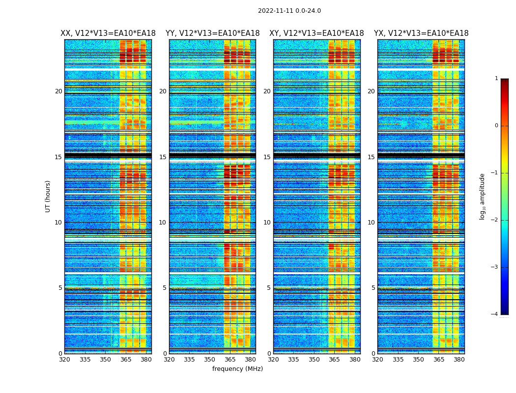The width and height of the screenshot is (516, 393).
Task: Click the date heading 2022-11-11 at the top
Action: coord(289,11)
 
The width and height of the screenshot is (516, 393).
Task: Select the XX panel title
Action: coord(108,33)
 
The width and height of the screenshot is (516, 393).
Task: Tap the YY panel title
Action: coord(212,33)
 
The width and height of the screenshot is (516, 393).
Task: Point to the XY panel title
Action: coord(316,33)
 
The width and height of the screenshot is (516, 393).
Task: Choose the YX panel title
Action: coord(421,33)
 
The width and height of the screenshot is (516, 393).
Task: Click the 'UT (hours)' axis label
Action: coord(48,196)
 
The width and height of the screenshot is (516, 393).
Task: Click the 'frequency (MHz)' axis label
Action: coord(237,369)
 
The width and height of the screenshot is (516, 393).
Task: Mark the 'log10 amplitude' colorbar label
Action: coord(483,196)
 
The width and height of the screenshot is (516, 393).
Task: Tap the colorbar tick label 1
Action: coord(496,79)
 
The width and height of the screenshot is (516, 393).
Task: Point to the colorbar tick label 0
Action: coord(496,126)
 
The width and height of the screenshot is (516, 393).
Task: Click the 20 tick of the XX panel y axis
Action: coord(58,91)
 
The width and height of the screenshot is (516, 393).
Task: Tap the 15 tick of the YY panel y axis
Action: coord(163,157)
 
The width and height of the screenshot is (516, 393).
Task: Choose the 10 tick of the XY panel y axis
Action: coord(267,223)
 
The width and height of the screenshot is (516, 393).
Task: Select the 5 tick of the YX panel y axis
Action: coord(373,288)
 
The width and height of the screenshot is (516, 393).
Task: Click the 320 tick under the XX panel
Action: coord(64,359)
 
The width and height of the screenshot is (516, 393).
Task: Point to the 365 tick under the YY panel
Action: coord(230,359)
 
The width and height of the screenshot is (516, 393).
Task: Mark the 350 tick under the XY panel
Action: coord(314,359)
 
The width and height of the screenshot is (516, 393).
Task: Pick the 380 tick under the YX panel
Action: coord(459,359)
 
